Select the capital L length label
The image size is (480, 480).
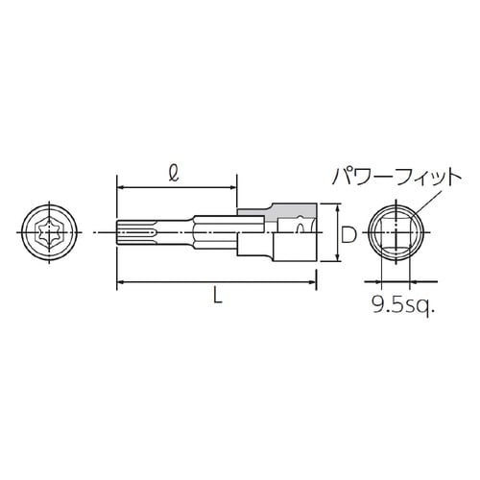218,299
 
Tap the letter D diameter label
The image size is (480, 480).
349,232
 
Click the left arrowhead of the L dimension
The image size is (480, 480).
120,281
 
